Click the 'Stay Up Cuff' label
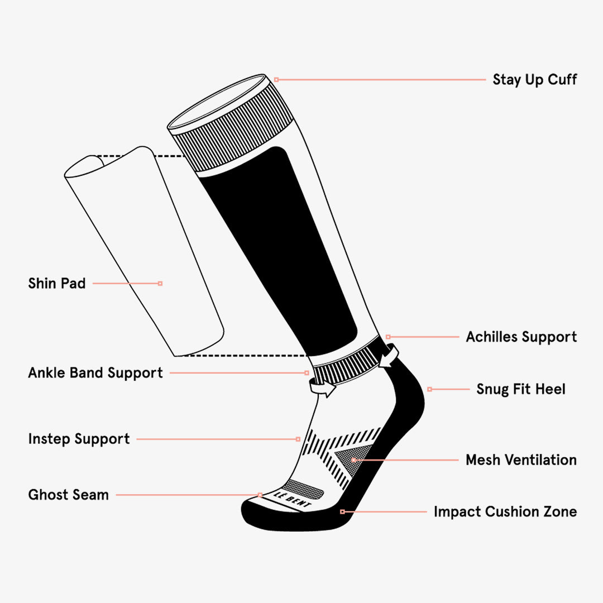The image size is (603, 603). (x=534, y=80)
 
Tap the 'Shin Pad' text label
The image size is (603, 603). (x=57, y=284)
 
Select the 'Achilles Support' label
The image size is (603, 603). (x=521, y=337)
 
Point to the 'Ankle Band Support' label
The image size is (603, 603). (x=95, y=373)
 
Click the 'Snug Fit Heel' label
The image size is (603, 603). (x=520, y=389)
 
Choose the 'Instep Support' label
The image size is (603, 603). (x=79, y=439)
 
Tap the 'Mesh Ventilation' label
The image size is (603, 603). (x=520, y=460)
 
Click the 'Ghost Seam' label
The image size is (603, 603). (x=68, y=495)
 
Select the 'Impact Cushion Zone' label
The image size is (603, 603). (x=505, y=512)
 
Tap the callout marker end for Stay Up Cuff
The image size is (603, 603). (x=276, y=80)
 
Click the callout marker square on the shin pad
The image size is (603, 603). (x=160, y=284)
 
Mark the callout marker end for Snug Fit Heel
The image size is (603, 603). (x=429, y=389)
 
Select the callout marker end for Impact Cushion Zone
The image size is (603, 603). (x=342, y=511)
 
